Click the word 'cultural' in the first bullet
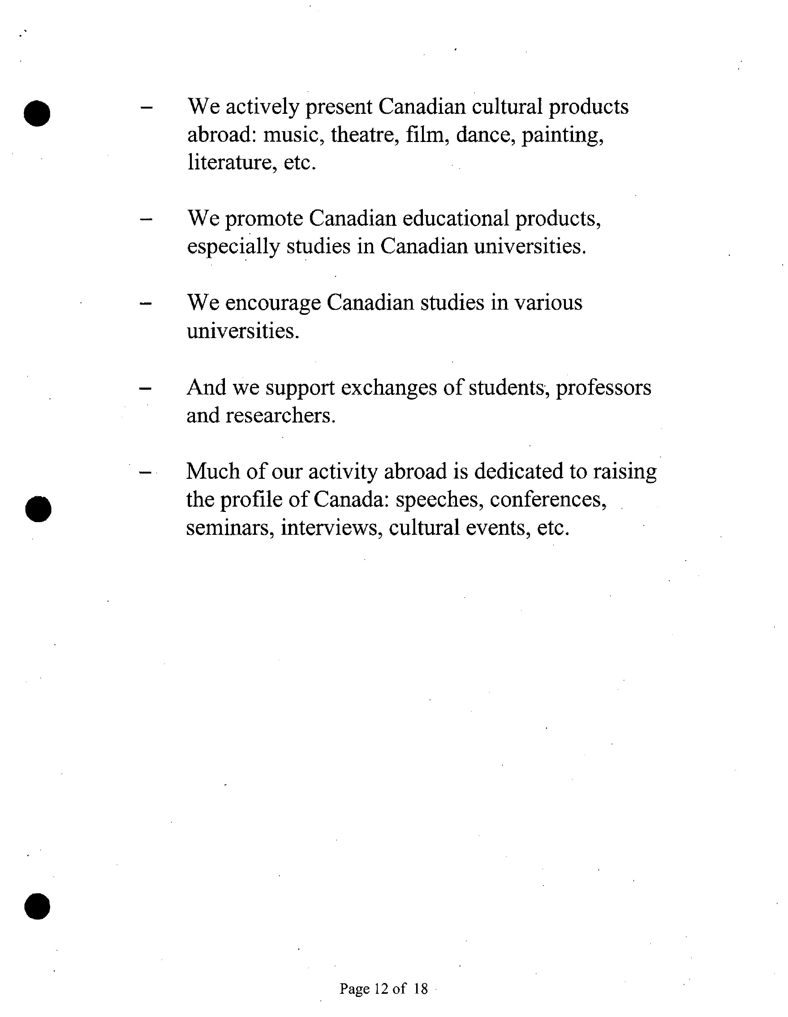point(507,107)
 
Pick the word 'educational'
point(455,218)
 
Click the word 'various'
point(548,303)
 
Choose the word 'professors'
point(604,388)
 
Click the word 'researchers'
point(280,415)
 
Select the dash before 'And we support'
point(145,388)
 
